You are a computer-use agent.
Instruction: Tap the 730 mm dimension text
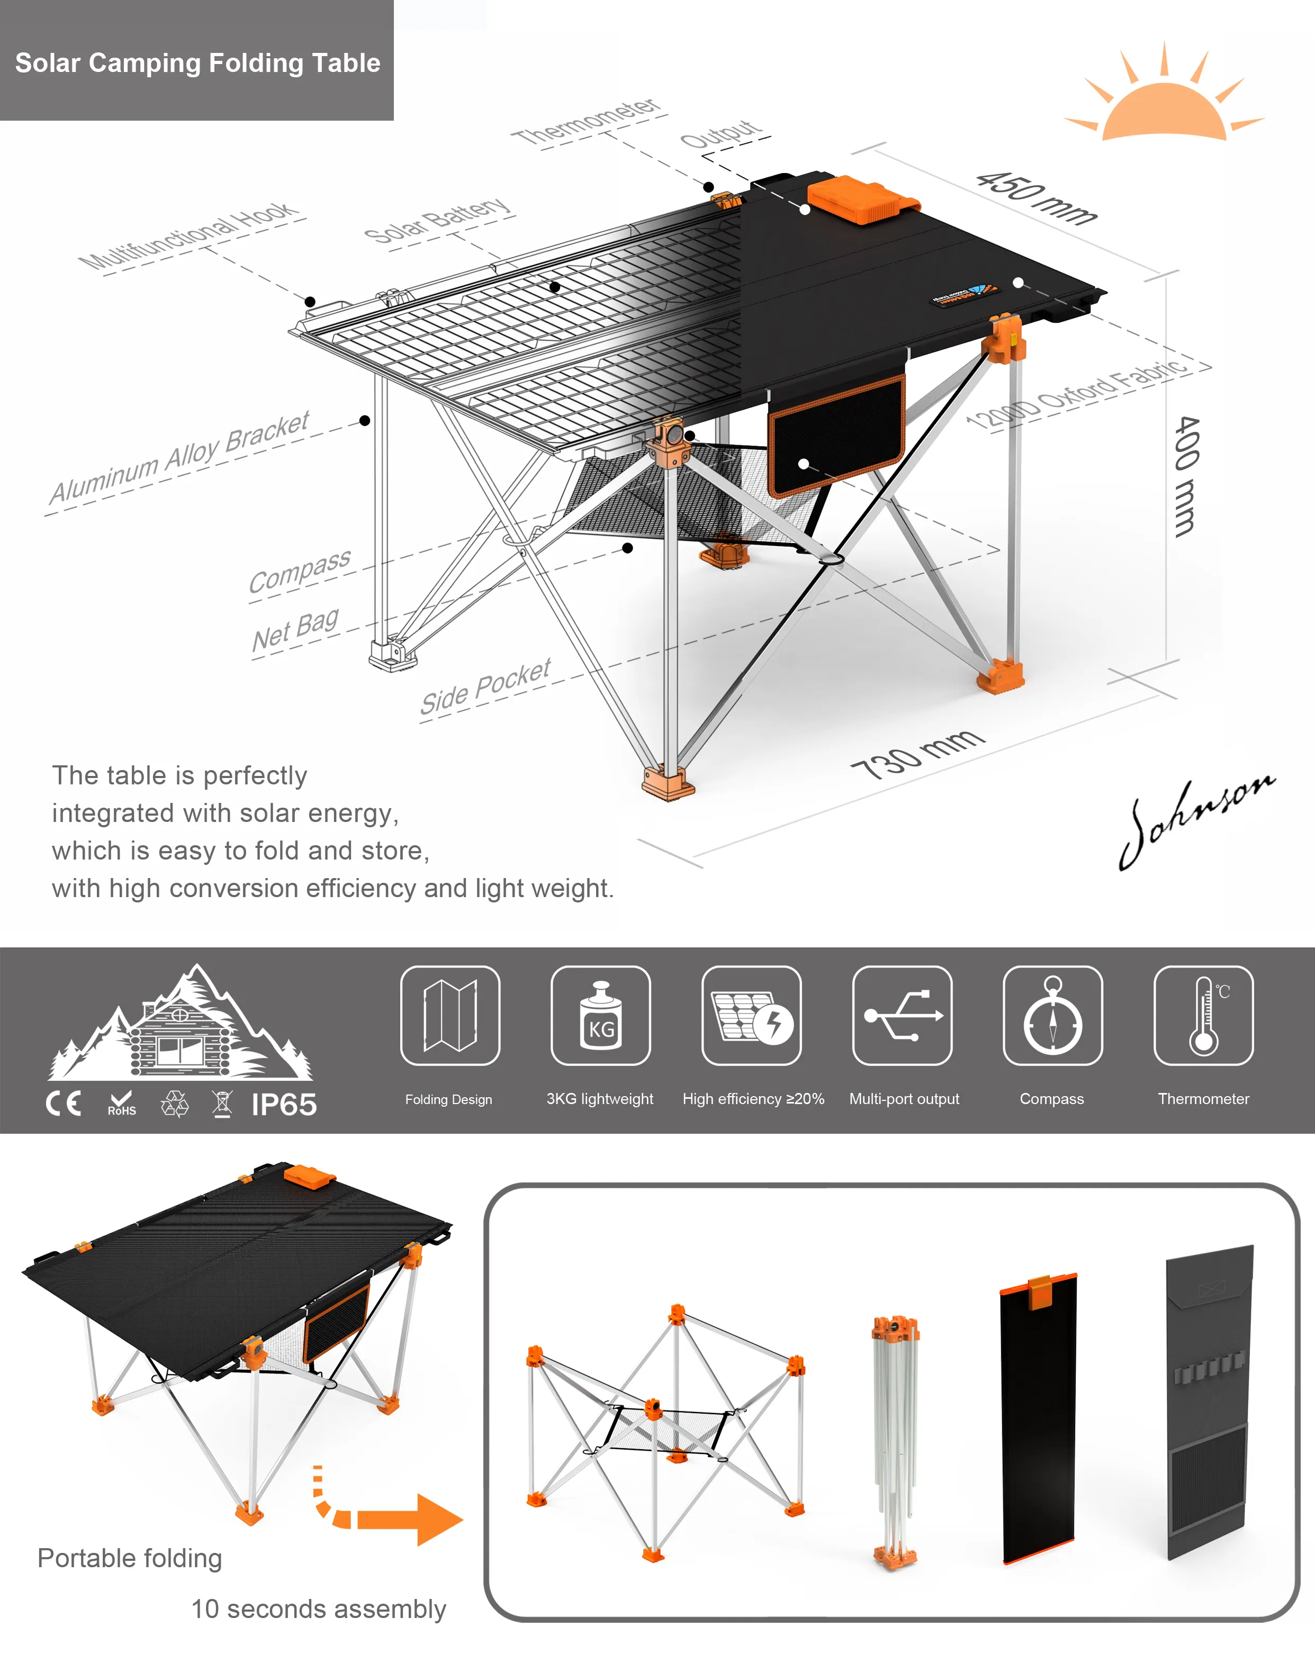(x=917, y=754)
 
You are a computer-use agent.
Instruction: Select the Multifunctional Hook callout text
(x=188, y=236)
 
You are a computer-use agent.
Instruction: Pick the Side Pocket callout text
(x=485, y=686)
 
